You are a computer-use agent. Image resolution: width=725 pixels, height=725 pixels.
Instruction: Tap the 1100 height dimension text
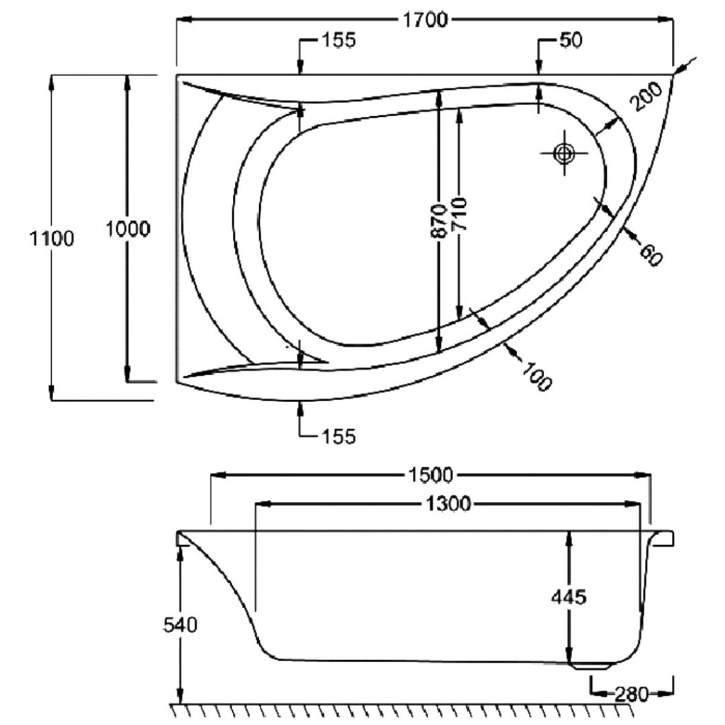coord(51,239)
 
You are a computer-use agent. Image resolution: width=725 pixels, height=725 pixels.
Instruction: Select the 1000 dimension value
coord(127,229)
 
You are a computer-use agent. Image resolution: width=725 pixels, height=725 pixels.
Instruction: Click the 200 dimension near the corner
coord(645,96)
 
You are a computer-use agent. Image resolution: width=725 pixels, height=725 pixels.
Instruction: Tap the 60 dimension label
coord(650,254)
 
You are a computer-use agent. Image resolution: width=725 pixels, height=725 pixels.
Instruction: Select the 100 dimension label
coord(537,375)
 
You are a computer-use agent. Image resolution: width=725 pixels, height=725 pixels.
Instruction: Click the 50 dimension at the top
coord(570,40)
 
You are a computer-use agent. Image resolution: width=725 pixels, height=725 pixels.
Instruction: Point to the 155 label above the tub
coord(338,40)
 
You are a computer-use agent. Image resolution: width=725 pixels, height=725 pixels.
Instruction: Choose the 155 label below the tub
coord(337,436)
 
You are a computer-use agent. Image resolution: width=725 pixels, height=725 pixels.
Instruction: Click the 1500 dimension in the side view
coord(430,474)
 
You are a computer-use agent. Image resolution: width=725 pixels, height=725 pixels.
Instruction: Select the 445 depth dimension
coord(569,597)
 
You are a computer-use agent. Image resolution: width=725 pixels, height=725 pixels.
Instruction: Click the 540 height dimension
coord(181,625)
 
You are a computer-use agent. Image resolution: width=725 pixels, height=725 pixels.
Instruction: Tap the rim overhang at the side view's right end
coord(666,539)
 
